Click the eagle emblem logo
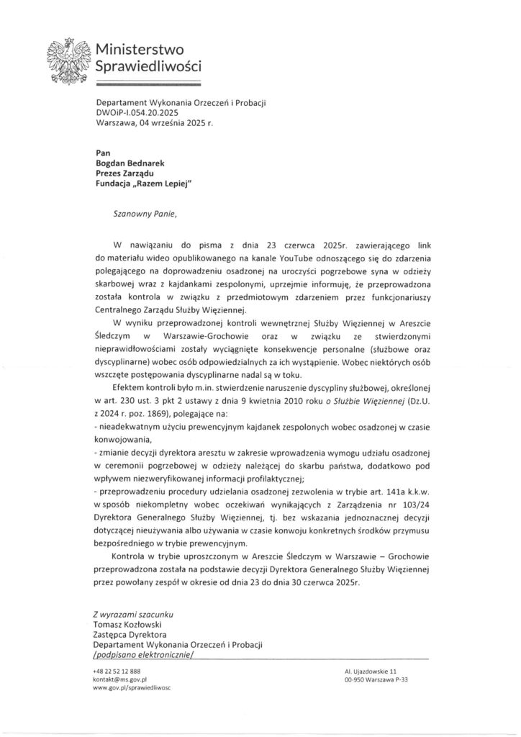71,60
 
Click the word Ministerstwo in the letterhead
141,49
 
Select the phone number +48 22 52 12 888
118,670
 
